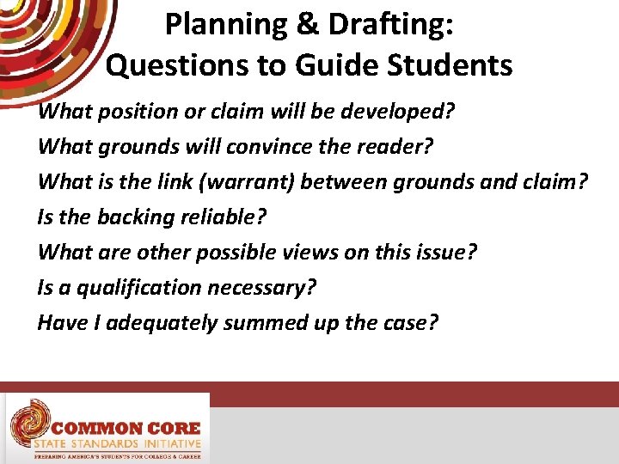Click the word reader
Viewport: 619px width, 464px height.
(395, 147)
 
